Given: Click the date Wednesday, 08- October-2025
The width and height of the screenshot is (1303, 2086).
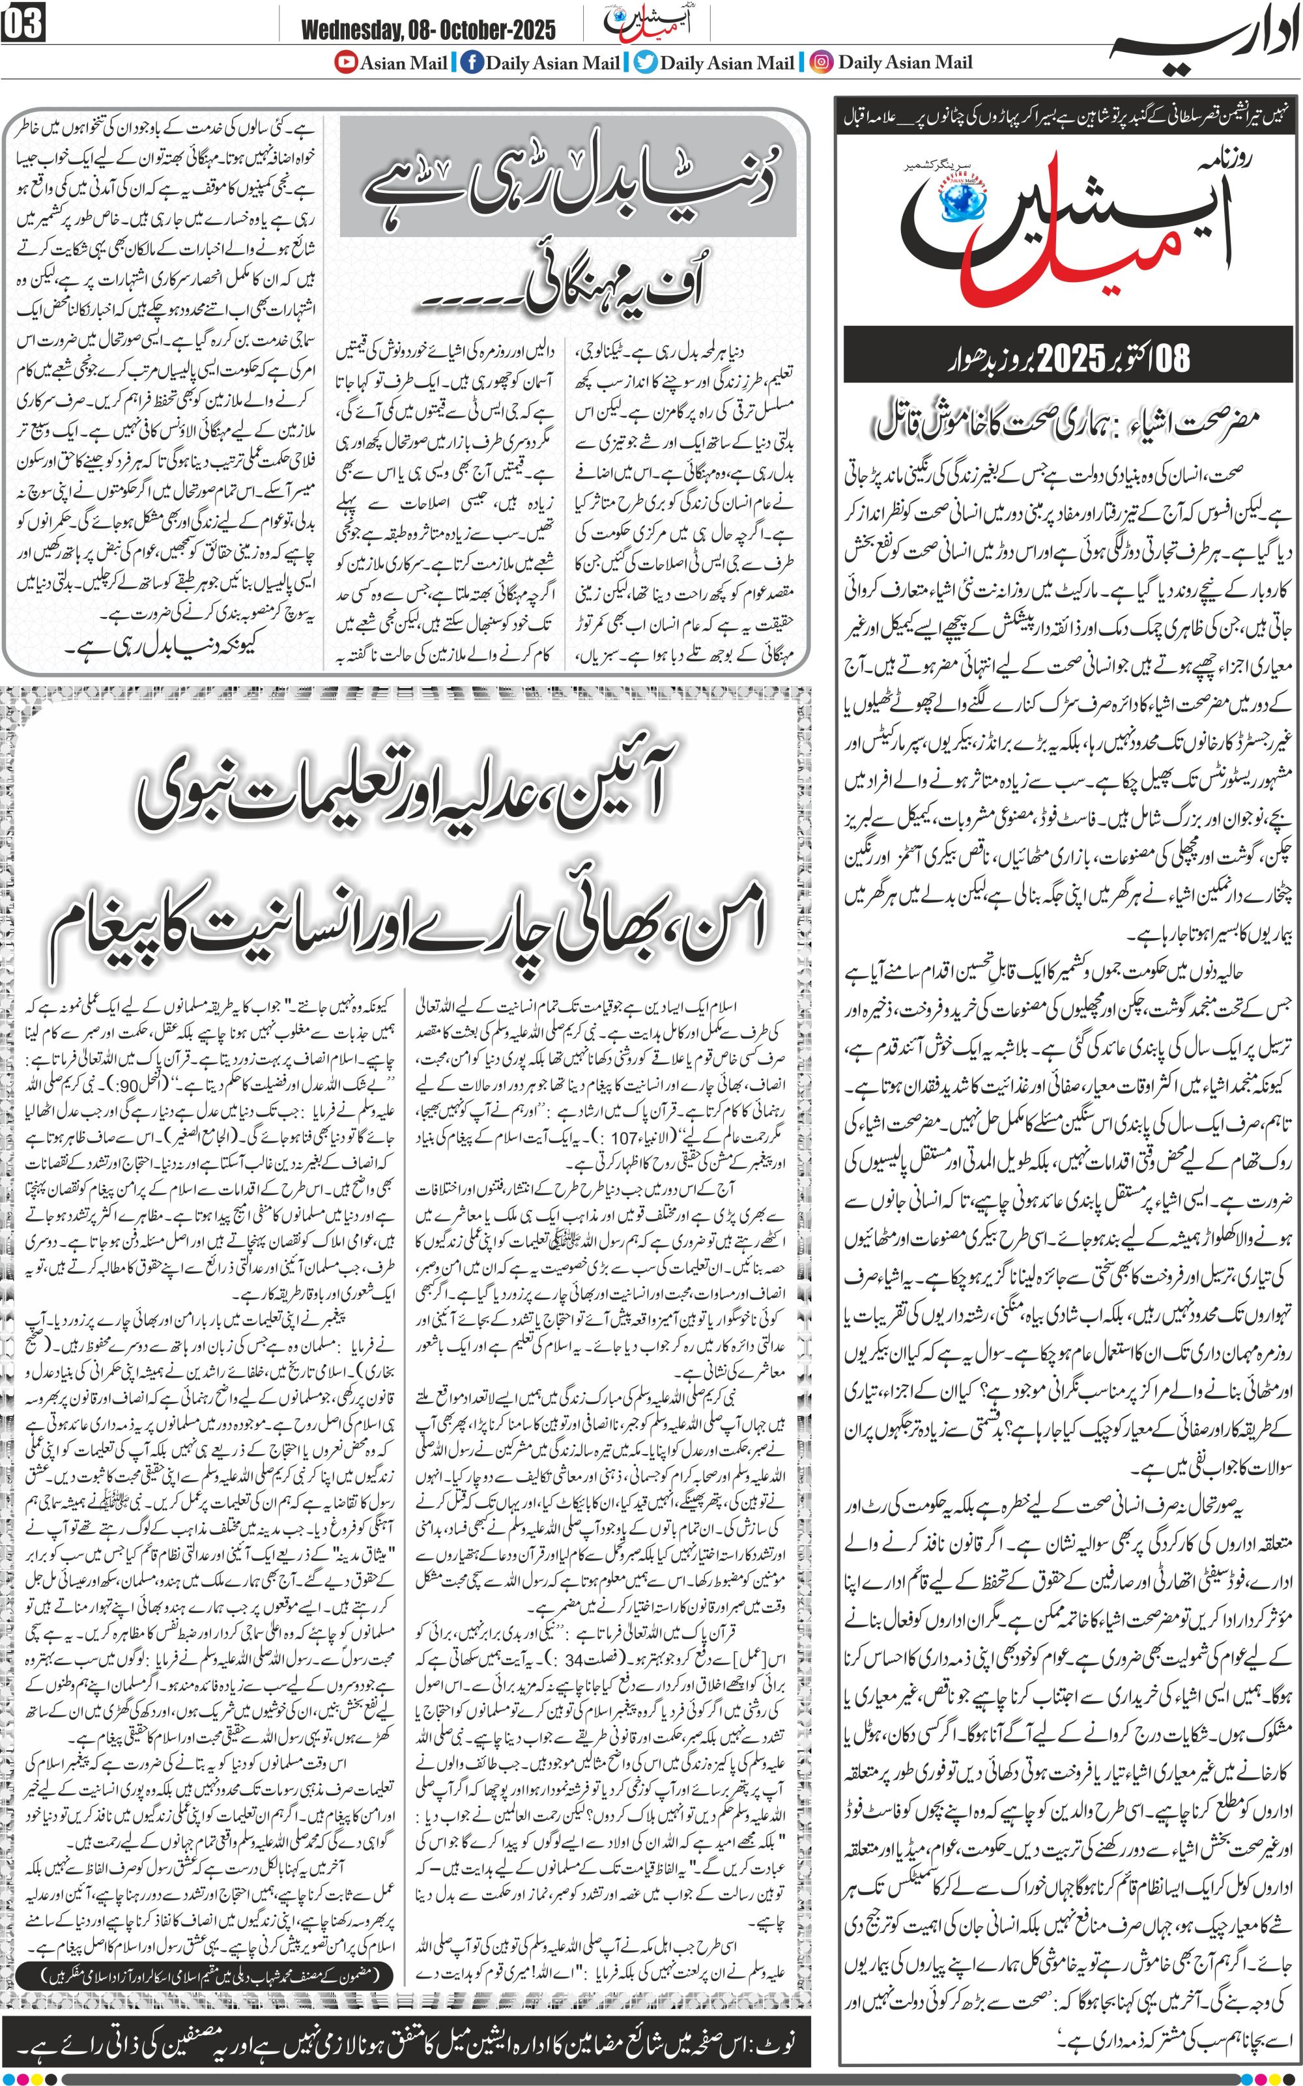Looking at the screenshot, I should [x=428, y=30].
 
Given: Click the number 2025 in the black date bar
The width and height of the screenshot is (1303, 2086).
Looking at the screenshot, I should [x=1071, y=356].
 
